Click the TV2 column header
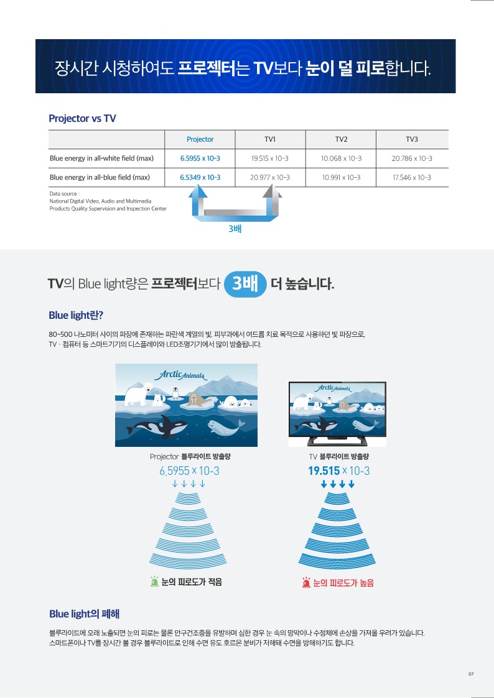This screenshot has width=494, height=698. coord(341,139)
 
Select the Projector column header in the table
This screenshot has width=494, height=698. coord(200,139)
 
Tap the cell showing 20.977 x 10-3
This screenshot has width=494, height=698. coord(270,177)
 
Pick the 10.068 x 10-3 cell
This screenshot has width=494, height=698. coord(341,158)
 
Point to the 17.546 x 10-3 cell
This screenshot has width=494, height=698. coord(412,177)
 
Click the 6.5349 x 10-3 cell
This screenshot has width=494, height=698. coord(200,177)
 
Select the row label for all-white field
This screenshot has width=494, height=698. coord(101,158)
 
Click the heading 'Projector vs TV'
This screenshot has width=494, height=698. coord(82,119)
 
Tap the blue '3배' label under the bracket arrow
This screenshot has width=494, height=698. coord(235,229)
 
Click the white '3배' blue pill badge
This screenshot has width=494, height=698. coord(245,283)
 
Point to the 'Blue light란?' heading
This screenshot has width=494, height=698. coord(76,315)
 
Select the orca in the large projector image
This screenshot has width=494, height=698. coord(157,426)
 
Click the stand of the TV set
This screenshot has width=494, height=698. coord(337,441)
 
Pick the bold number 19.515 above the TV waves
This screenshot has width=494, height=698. coord(324,471)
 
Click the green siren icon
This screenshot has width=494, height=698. coord(154,581)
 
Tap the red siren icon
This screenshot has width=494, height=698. coord(307,582)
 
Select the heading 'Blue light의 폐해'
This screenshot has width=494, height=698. coord(84,614)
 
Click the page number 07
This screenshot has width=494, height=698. coord(471,674)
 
